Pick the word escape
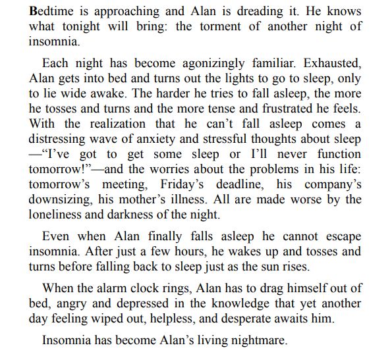point(343,235)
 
